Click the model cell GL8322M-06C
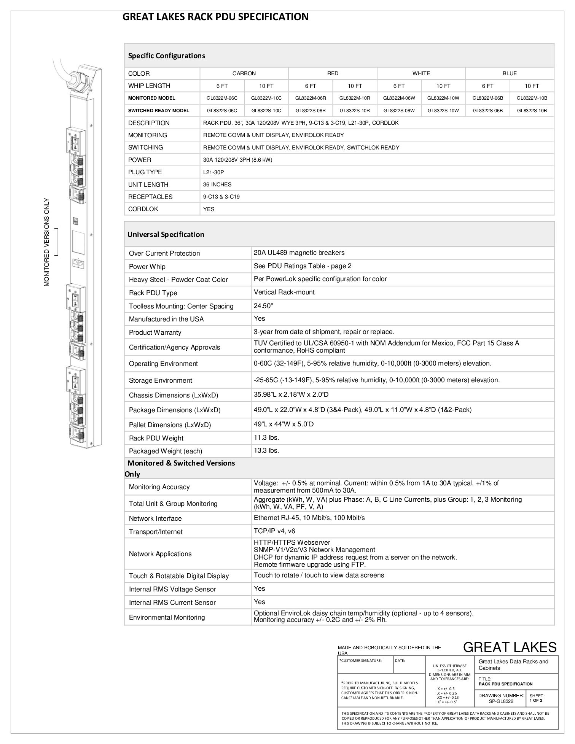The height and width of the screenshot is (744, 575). [222, 98]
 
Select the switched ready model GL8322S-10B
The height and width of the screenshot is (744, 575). [532, 111]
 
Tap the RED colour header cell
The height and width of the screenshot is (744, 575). [333, 73]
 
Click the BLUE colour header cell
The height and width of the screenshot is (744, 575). [510, 73]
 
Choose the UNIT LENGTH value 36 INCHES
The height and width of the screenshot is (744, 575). [217, 184]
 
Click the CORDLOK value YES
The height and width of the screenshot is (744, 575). [209, 209]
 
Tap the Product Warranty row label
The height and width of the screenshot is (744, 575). [155, 332]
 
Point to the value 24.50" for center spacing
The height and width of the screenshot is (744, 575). [264, 306]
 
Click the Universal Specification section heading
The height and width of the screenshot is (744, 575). [166, 234]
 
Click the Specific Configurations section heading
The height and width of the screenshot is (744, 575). [167, 56]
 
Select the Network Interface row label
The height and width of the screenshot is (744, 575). [155, 518]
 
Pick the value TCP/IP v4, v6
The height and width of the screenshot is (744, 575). [274, 531]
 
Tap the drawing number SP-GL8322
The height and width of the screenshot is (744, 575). [501, 701]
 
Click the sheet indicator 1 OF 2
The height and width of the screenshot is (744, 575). [536, 701]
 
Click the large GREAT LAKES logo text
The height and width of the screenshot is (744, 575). [510, 647]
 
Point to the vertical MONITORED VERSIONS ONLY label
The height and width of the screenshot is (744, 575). [47, 242]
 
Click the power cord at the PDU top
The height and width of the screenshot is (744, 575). [63, 70]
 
